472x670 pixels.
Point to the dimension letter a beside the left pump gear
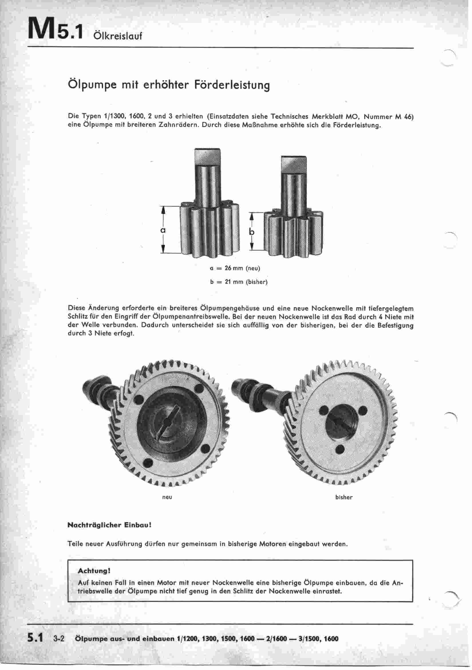163,230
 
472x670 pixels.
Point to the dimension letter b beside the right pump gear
252,232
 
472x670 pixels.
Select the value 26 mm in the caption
234,268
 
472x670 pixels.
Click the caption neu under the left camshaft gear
167,497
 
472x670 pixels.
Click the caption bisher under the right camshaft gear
344,497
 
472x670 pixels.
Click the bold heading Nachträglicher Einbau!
109,525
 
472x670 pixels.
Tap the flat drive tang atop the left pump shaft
207,157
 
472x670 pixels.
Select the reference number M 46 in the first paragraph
404,117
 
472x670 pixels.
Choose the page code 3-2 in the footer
59,638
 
